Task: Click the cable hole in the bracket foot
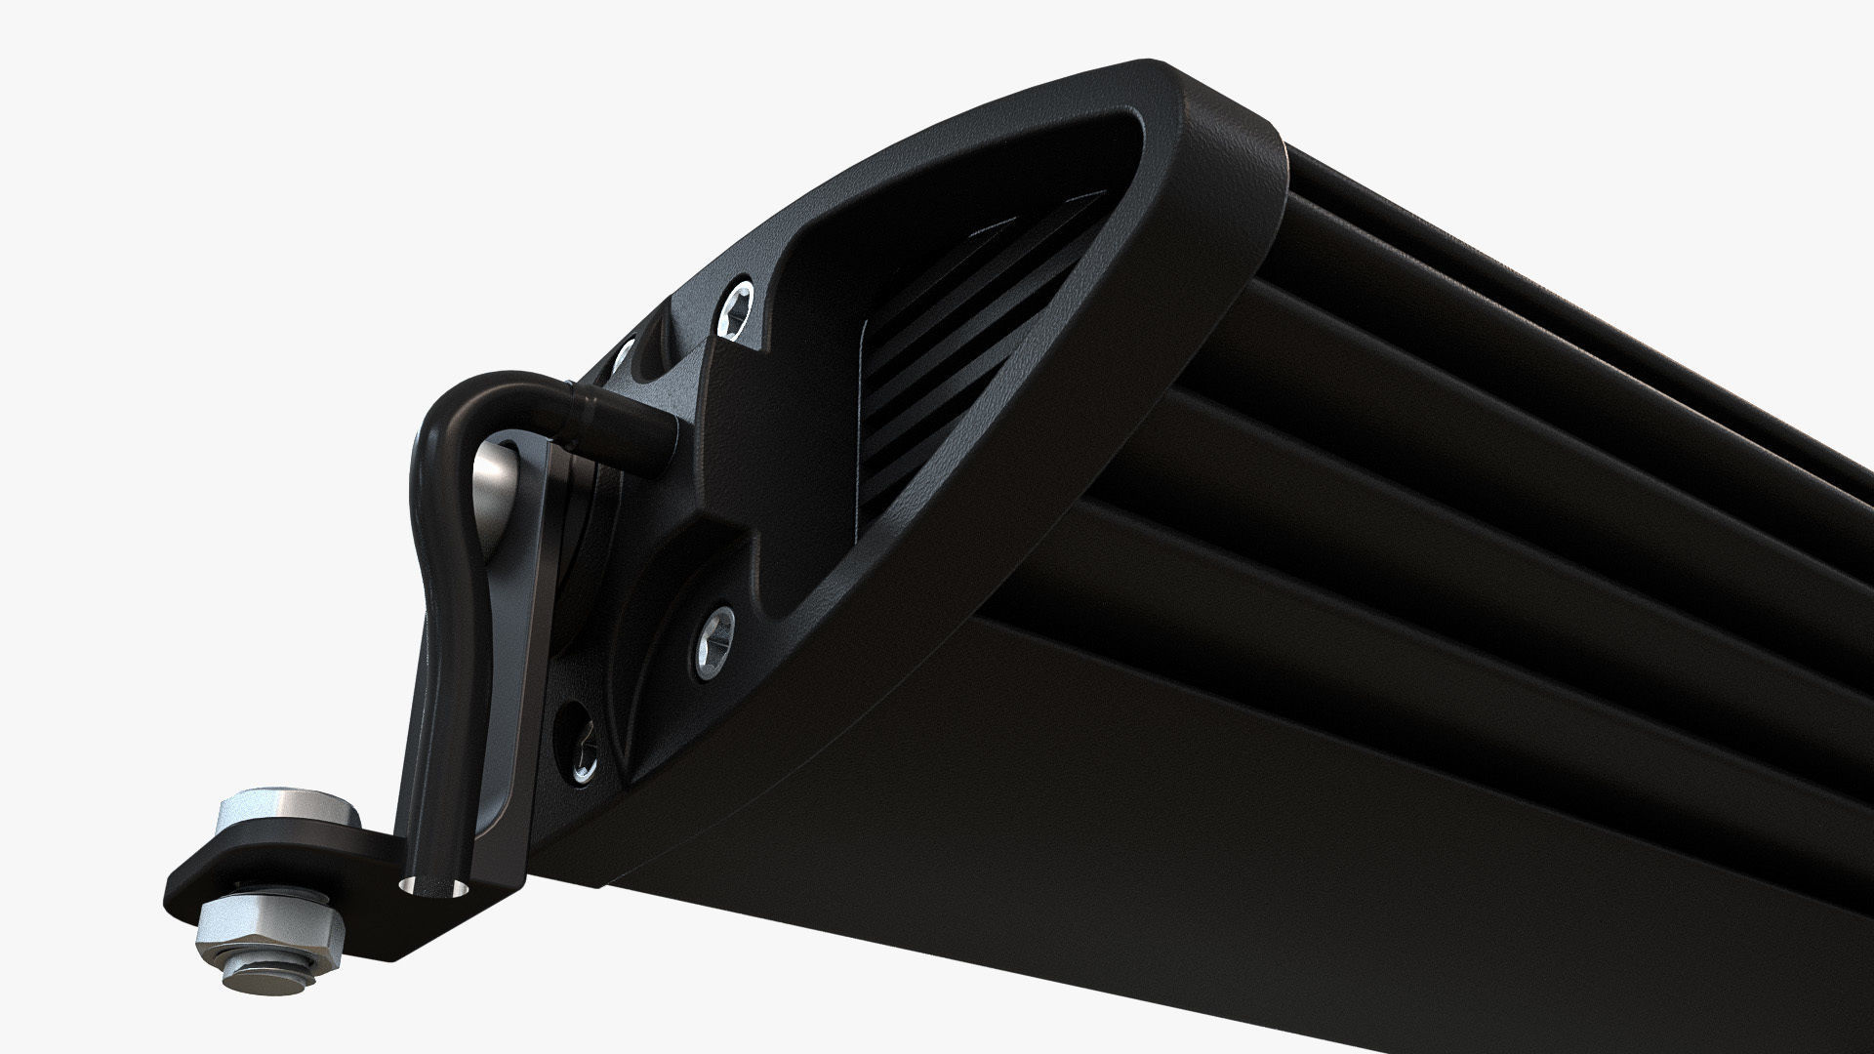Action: (x=431, y=888)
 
